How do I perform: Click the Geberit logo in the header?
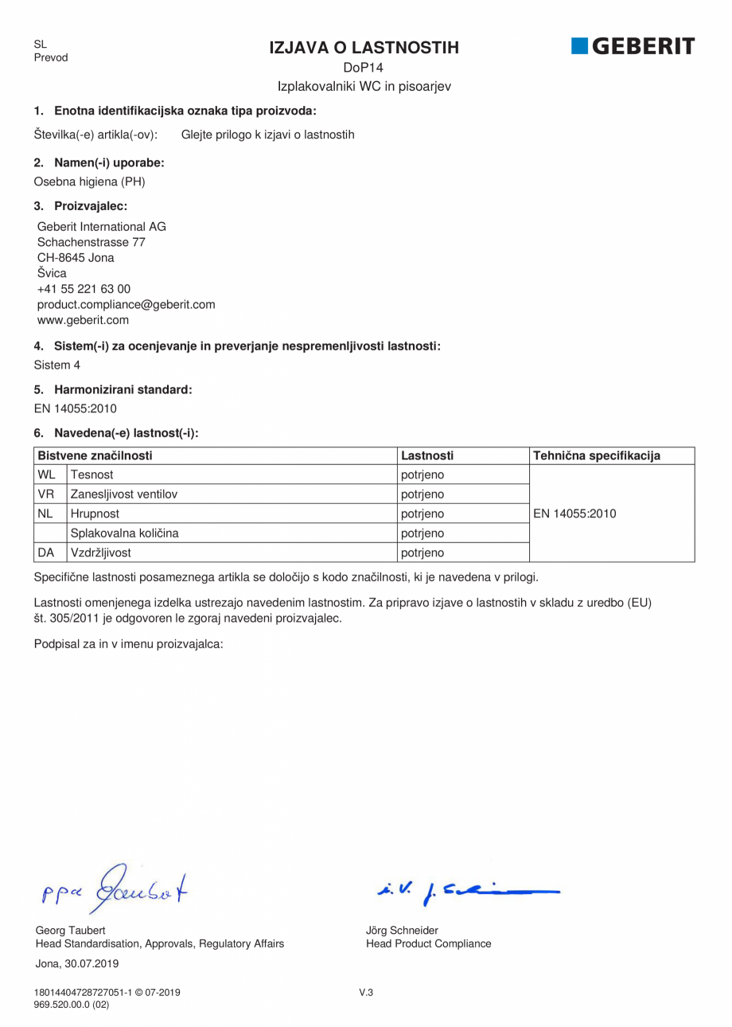[633, 46]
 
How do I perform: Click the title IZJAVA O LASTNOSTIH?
[364, 48]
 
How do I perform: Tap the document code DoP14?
[364, 68]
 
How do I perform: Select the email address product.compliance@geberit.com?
[127, 304]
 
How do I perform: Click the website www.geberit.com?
[83, 320]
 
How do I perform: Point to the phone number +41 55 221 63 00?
[84, 289]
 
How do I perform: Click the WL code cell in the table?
[46, 475]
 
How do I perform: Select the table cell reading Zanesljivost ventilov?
[124, 494]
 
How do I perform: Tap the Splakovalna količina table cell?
[125, 533]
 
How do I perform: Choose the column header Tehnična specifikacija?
[597, 455]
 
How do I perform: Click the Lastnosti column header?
[427, 455]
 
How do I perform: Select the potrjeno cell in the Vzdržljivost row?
[422, 552]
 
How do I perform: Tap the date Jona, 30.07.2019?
[77, 963]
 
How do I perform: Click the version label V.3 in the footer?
[366, 992]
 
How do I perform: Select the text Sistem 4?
[57, 365]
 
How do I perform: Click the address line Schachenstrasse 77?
[91, 242]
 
